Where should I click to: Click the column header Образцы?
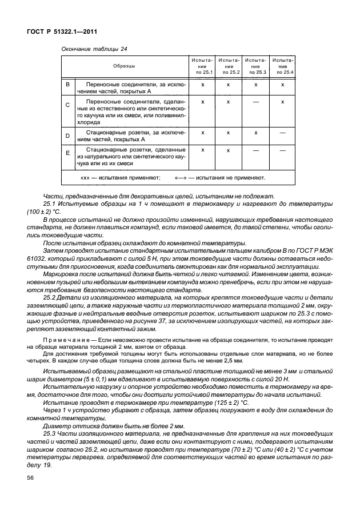[124, 66]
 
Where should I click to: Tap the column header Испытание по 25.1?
[202, 66]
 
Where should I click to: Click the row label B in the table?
[67, 85]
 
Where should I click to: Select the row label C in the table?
[67, 105]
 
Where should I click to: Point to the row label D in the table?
[67, 136]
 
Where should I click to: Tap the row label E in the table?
[67, 153]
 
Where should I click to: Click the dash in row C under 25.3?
[255, 101]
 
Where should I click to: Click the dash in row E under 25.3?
[255, 150]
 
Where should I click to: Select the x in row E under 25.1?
[202, 150]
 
